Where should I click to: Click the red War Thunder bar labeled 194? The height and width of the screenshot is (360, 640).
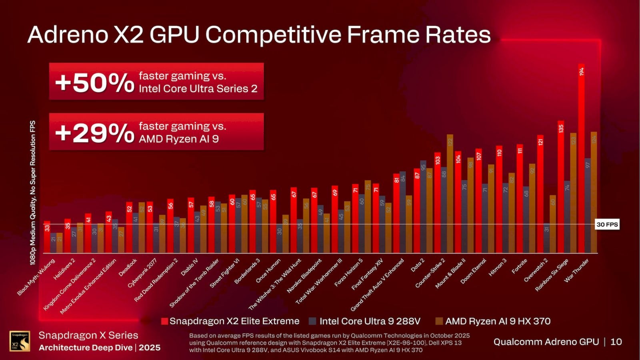pyautogui.click(x=581, y=160)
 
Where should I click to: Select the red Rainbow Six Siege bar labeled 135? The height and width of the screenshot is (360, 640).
pyautogui.click(x=561, y=188)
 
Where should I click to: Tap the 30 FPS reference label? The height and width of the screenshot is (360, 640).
pyautogui.click(x=607, y=224)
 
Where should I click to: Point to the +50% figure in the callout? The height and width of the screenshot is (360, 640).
pyautogui.click(x=95, y=82)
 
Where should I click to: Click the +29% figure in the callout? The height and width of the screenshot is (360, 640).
pyautogui.click(x=95, y=133)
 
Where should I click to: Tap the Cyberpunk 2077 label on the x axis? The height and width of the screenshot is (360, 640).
pyautogui.click(x=143, y=273)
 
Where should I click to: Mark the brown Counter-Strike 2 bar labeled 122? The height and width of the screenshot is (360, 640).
pyautogui.click(x=450, y=194)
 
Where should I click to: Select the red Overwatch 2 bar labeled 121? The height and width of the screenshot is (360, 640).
pyautogui.click(x=540, y=194)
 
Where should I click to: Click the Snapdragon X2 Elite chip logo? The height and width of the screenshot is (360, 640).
pyautogui.click(x=20, y=341)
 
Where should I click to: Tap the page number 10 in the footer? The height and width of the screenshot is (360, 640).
pyautogui.click(x=616, y=342)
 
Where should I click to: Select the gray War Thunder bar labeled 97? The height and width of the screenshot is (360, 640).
pyautogui.click(x=588, y=206)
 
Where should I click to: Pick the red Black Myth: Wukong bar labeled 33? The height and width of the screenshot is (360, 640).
pyautogui.click(x=47, y=237)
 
